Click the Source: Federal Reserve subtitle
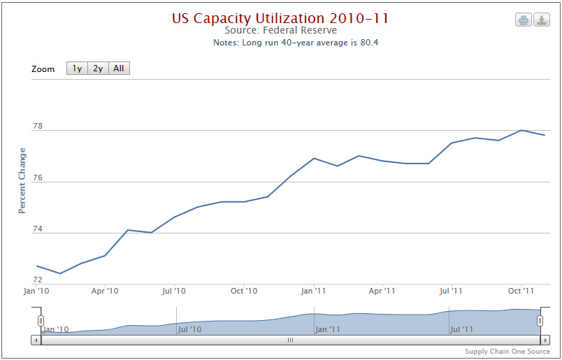281,30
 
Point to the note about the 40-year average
296,43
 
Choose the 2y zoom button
98,69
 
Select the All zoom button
119,69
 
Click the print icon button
524,20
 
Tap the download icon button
541,20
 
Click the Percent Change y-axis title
22,181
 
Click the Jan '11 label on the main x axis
313,291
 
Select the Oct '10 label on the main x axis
244,291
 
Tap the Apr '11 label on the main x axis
382,291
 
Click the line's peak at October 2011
521,130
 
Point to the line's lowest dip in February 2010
59,273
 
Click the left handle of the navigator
41,320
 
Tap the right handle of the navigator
540,320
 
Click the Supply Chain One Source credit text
507,351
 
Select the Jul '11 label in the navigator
462,329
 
